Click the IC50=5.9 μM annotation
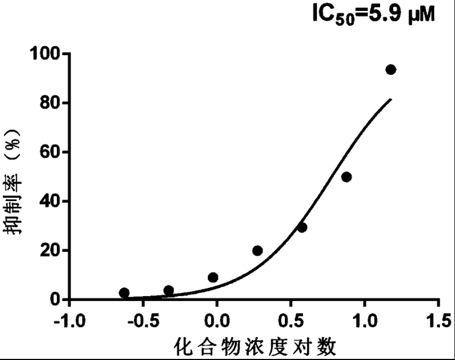(374, 13)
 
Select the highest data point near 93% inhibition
(390, 69)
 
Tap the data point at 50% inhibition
(346, 177)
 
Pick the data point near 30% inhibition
(302, 227)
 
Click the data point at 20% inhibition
(258, 251)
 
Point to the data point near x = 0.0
(213, 278)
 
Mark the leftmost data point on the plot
(124, 293)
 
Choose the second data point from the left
(168, 291)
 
